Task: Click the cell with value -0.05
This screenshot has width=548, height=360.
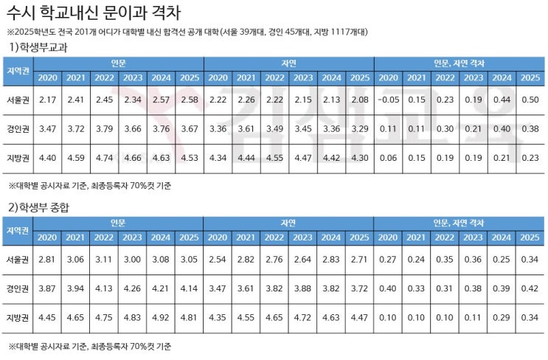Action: pos(388,99)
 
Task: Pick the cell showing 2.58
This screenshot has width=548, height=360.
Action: pos(190,99)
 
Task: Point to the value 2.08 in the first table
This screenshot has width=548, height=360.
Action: pos(360,99)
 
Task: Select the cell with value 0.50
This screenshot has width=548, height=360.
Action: pos(530,99)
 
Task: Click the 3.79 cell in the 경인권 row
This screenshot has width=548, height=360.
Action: pos(104,128)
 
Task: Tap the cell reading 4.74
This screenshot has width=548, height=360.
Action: pos(104,157)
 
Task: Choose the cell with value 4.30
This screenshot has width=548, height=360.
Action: pos(360,157)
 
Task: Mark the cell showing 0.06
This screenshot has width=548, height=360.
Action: pos(388,157)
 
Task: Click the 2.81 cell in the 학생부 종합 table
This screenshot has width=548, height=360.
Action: pos(47,259)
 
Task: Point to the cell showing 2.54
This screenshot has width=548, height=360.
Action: pos(218,259)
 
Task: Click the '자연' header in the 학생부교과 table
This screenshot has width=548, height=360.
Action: pos(288,63)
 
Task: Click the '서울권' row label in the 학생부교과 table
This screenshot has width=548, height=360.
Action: pos(18,99)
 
